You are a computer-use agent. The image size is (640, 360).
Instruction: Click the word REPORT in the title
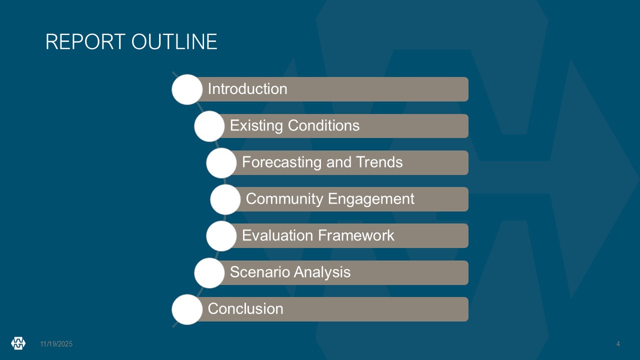click(85, 41)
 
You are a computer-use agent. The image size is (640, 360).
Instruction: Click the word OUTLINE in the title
click(174, 41)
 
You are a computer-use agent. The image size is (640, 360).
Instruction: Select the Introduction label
click(247, 89)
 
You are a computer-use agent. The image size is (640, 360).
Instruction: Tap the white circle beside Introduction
click(187, 89)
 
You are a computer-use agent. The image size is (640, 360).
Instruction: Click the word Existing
click(256, 125)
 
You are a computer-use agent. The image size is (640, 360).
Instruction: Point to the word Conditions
click(323, 125)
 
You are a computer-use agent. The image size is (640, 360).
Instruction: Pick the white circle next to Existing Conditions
click(209, 126)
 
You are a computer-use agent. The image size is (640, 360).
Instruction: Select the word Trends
click(379, 162)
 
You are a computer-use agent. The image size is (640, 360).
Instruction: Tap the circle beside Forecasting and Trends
click(221, 163)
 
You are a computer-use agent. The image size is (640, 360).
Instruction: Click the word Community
click(284, 199)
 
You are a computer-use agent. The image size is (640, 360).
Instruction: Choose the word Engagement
click(371, 199)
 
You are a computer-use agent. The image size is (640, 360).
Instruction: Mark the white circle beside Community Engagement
click(225, 199)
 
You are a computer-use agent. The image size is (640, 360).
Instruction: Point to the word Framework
click(356, 235)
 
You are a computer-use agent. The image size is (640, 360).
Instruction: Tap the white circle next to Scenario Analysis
click(209, 273)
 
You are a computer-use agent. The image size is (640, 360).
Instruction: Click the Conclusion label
click(245, 308)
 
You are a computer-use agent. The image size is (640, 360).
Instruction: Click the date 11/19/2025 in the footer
click(56, 344)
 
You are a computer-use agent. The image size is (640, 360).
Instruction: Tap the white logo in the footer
click(18, 343)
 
